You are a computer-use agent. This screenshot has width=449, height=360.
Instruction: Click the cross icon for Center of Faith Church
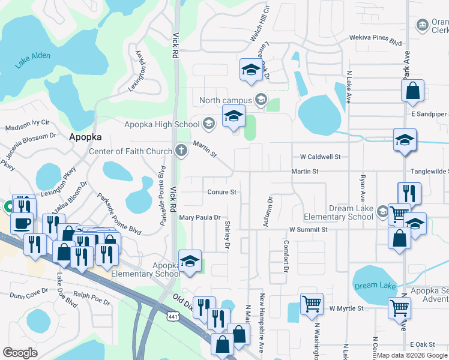tap(181, 151)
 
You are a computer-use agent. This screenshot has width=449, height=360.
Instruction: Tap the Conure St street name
tap(222, 193)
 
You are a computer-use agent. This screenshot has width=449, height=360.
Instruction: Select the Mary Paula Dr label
tap(200, 218)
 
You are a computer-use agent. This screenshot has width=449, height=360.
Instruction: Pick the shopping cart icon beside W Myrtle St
tap(312, 304)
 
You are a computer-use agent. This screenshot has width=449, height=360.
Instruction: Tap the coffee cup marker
tap(22, 223)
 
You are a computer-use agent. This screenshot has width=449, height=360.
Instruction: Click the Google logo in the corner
tap(20, 353)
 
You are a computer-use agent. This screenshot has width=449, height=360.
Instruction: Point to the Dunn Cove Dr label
tap(29, 295)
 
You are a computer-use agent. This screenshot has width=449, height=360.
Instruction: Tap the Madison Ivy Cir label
tap(28, 128)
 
